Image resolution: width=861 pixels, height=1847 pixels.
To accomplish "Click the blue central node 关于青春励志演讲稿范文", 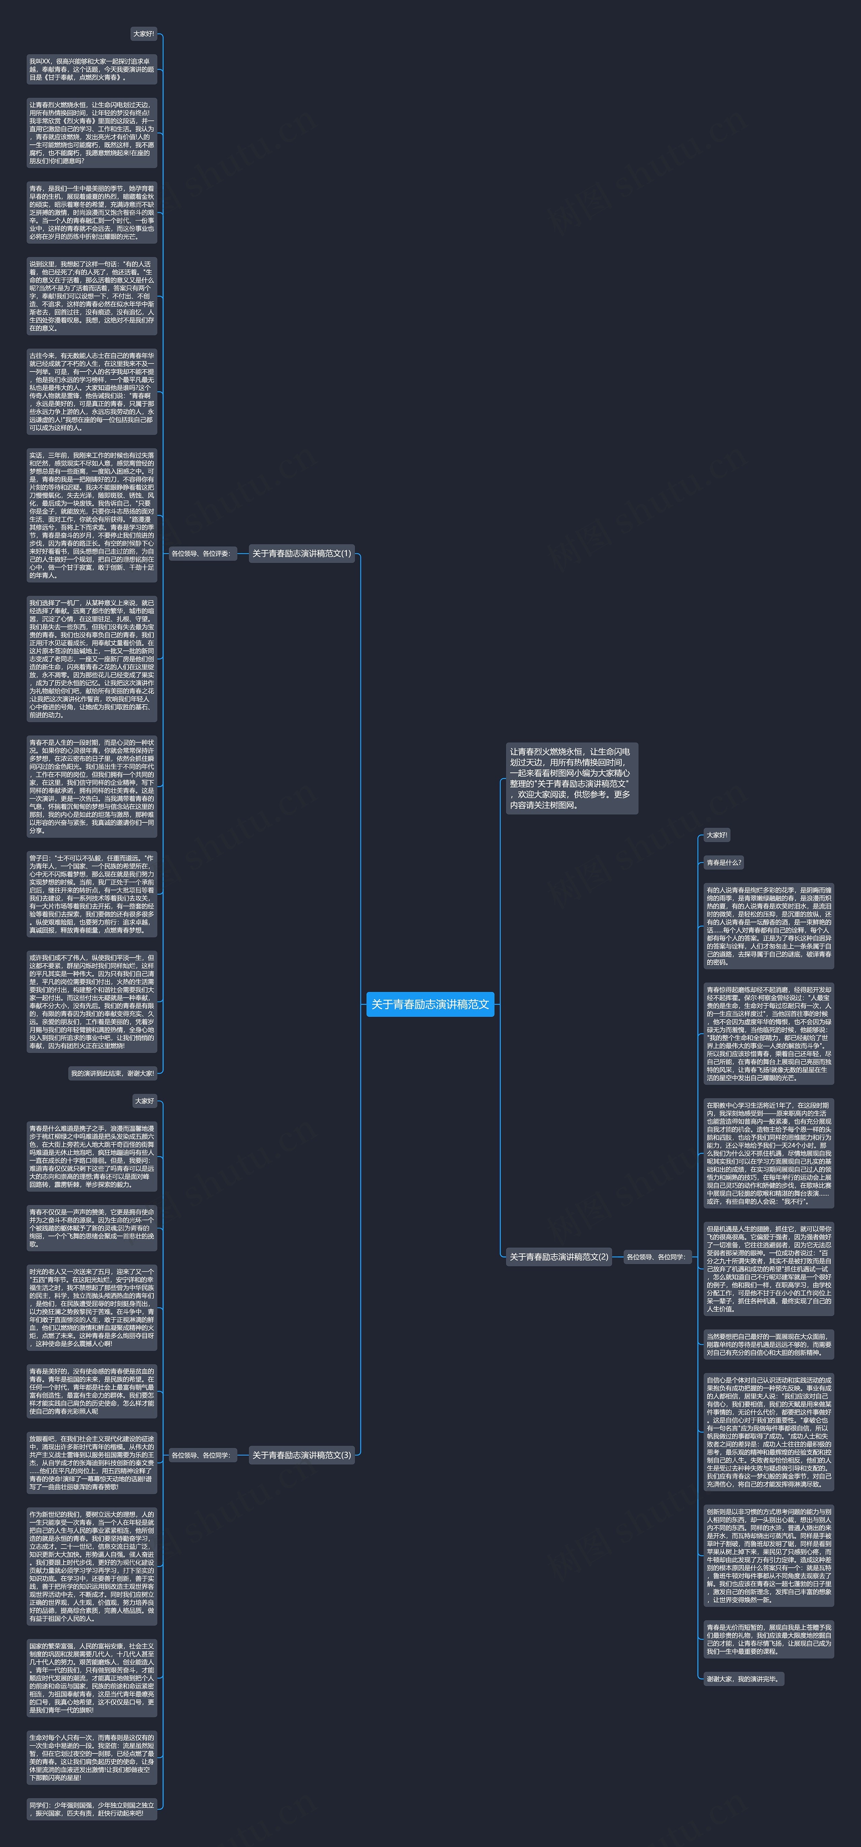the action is tap(430, 1004).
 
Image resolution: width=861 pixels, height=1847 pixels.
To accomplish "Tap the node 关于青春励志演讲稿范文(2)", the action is tap(558, 1256).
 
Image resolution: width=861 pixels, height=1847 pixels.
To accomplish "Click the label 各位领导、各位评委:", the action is tap(201, 554).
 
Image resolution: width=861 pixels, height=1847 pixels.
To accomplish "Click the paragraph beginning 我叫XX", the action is tap(91, 70).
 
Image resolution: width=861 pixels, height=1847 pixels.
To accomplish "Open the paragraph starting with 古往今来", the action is tap(91, 391).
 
